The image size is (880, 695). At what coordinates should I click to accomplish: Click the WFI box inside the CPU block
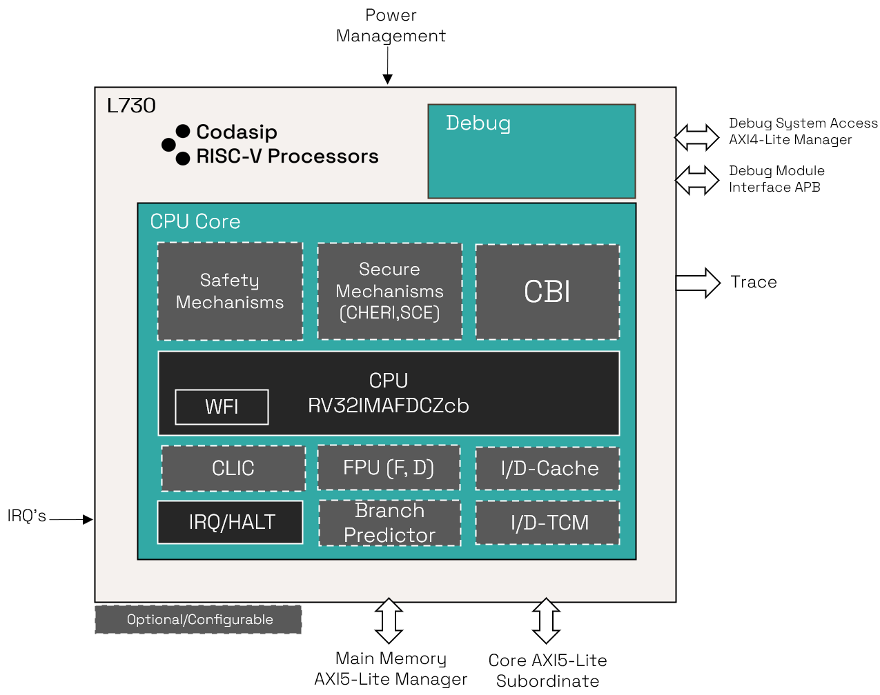click(222, 407)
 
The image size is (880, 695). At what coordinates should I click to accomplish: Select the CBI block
click(547, 292)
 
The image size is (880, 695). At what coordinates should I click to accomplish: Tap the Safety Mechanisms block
click(230, 291)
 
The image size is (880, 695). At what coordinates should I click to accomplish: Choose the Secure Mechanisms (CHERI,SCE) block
click(389, 291)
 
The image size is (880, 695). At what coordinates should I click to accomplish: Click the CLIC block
click(233, 468)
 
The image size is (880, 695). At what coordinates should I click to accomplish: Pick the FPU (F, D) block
click(389, 467)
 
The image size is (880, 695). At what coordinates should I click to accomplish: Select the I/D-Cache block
click(547, 469)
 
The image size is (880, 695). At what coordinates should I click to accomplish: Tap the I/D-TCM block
click(547, 523)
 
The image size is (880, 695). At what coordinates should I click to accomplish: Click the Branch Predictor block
click(389, 523)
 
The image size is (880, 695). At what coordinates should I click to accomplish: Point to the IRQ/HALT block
click(231, 522)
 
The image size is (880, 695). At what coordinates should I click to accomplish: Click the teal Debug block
click(531, 152)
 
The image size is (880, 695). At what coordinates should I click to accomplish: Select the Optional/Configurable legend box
click(198, 619)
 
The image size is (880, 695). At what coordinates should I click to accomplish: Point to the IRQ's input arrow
click(71, 519)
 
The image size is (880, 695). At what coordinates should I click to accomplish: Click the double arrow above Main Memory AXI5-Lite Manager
click(389, 621)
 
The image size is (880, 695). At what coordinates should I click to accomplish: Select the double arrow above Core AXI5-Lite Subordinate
click(546, 621)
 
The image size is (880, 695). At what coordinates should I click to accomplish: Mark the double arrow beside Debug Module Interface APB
click(696, 181)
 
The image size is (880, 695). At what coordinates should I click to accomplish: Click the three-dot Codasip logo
click(176, 145)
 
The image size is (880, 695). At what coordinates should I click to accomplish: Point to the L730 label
click(131, 105)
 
